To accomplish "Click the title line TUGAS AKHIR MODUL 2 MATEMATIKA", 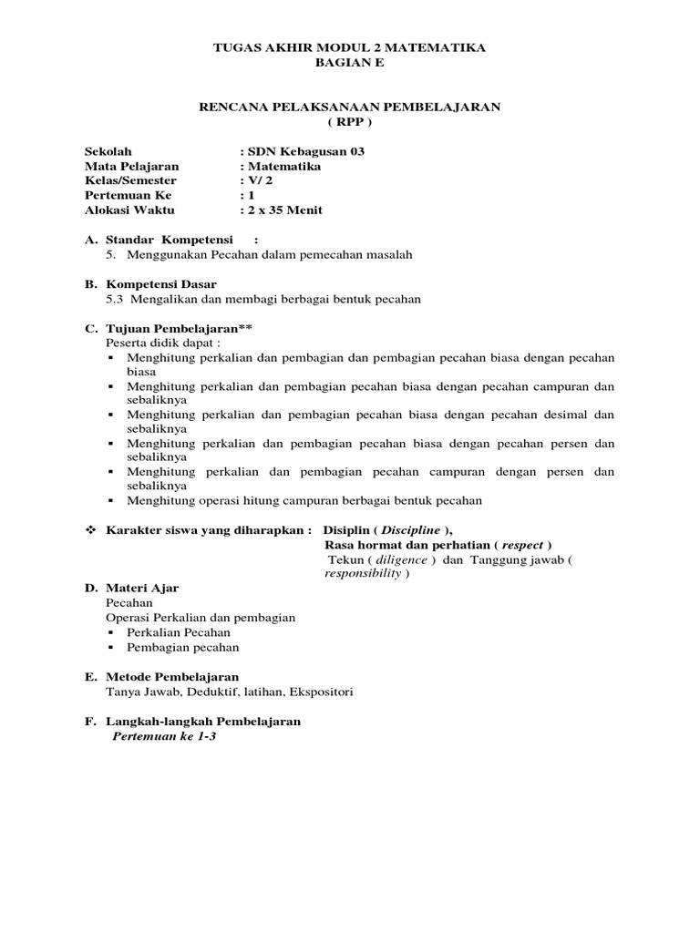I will (349, 46).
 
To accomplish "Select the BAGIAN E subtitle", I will (349, 62).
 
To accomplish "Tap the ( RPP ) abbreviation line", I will (349, 121).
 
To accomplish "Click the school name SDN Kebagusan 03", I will (306, 151).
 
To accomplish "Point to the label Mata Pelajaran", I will (132, 166).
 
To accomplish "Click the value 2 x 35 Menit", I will (285, 210).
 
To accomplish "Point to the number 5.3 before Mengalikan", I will (117, 298).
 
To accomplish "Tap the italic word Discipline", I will (410, 530).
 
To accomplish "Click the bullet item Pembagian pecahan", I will (183, 647).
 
